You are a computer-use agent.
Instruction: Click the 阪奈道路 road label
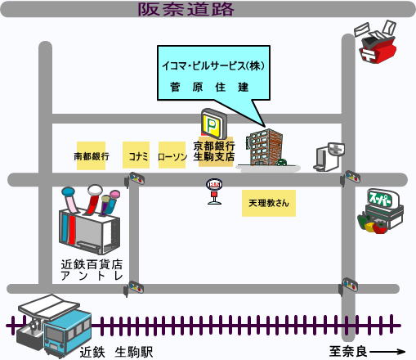(186, 9)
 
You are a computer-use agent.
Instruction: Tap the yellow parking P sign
(214, 124)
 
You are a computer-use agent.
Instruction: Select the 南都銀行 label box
(92, 156)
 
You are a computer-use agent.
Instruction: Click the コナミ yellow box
(136, 155)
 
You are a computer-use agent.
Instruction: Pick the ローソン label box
(172, 155)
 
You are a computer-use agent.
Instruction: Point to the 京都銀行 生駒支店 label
(214, 151)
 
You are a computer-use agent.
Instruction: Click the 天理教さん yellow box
(269, 203)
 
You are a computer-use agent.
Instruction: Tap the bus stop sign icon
(214, 191)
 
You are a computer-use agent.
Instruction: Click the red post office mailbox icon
(377, 43)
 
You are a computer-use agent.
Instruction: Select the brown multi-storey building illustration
(264, 147)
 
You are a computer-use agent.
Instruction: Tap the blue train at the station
(68, 333)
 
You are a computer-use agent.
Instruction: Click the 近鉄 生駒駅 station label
(116, 352)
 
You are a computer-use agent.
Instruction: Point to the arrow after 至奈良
(387, 352)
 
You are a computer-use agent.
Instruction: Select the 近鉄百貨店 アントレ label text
(92, 270)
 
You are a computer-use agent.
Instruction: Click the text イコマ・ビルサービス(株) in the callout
(213, 65)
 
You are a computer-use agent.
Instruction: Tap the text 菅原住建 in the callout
(209, 88)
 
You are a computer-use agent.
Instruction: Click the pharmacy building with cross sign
(329, 157)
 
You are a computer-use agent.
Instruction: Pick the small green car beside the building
(281, 163)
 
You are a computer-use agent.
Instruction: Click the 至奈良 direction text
(348, 352)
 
